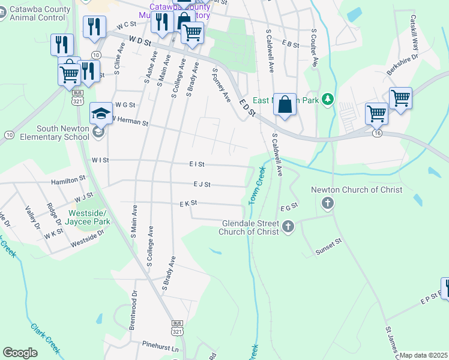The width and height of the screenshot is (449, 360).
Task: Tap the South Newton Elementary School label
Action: pyautogui.click(x=63, y=133)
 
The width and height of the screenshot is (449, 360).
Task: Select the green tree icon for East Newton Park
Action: pyautogui.click(x=327, y=99)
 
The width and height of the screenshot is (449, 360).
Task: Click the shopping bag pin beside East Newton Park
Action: pyautogui.click(x=285, y=103)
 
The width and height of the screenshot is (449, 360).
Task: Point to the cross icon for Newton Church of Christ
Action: pyautogui.click(x=328, y=203)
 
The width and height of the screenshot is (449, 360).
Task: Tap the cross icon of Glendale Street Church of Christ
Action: pyautogui.click(x=288, y=227)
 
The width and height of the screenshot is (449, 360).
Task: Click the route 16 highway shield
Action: pyautogui.click(x=377, y=133)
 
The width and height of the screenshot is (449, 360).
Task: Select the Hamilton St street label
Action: pyautogui.click(x=68, y=179)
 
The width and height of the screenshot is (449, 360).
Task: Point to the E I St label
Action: pyautogui.click(x=197, y=164)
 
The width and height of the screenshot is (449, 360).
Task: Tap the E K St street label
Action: pyautogui.click(x=188, y=204)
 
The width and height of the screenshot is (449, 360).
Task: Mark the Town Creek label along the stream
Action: pyautogui.click(x=257, y=184)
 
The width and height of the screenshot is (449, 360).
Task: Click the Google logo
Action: pyautogui.click(x=20, y=353)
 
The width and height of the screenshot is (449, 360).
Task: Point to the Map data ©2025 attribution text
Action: pyautogui.click(x=424, y=355)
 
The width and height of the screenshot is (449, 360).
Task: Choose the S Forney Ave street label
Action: pyautogui.click(x=221, y=85)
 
